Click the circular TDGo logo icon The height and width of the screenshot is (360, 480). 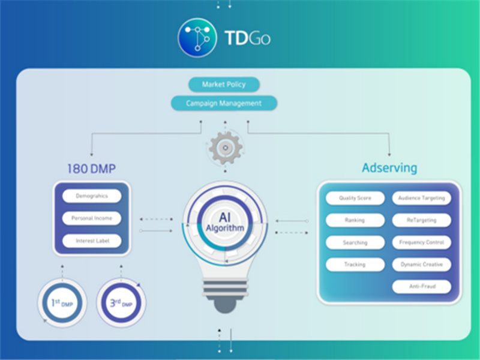197,38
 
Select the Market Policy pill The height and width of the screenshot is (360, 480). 224,85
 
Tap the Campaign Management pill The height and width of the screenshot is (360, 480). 224,103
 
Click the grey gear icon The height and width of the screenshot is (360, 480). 226,148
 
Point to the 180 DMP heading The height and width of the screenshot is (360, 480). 92,169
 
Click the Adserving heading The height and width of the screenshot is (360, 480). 389,168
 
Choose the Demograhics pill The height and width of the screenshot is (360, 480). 92,196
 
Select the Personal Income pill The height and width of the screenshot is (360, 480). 92,218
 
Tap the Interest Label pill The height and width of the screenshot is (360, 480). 92,241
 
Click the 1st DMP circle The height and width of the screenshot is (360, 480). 62,303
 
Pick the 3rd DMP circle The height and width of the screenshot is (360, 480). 121,303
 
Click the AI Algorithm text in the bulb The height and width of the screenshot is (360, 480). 225,223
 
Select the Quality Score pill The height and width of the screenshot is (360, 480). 355,198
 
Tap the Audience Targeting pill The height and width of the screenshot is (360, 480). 422,198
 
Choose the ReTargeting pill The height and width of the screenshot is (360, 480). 422,220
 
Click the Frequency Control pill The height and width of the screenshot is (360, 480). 422,242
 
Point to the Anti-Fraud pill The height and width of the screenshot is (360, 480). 422,286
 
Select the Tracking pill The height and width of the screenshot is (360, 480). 355,264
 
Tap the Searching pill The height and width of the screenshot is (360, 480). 355,242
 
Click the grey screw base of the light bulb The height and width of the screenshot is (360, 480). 226,296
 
